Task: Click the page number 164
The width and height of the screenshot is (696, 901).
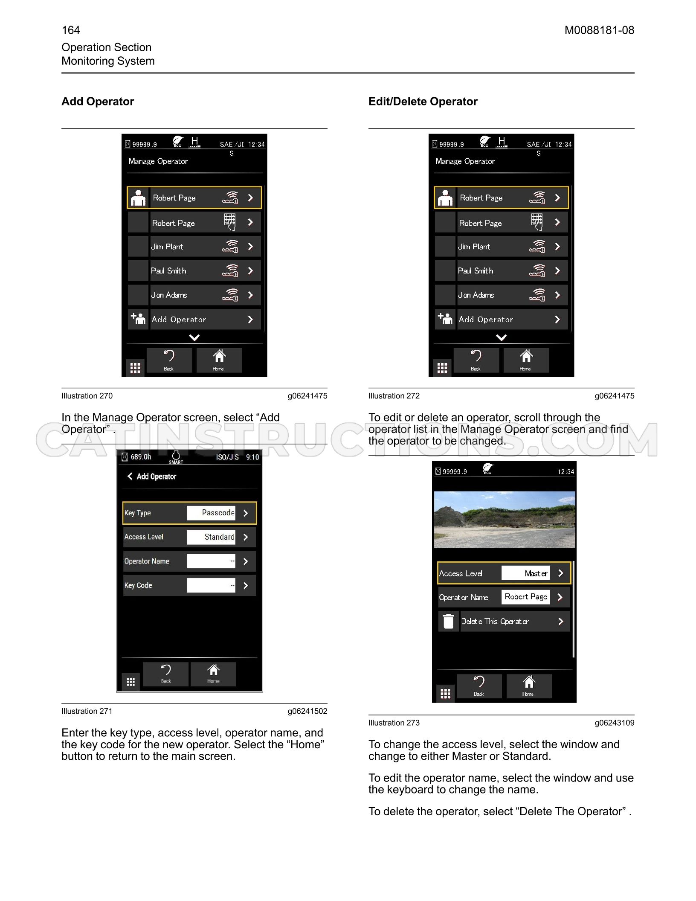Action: point(71,30)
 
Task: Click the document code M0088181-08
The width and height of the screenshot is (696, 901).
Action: point(599,30)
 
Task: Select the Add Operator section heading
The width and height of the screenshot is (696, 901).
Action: point(98,102)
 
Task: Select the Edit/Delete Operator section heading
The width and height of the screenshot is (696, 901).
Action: point(423,102)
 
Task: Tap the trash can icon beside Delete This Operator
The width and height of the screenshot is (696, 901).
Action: point(448,621)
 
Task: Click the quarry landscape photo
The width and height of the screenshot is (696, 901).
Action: point(505,520)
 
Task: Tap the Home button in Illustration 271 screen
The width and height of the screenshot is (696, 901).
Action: point(213,674)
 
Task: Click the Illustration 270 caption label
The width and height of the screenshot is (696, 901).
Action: point(87,396)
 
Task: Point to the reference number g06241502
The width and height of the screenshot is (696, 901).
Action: point(307,711)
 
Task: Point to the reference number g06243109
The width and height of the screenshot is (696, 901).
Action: point(615,723)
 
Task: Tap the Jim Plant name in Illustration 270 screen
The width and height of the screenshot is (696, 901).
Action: point(167,247)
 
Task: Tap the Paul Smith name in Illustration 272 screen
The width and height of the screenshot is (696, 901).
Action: point(476,271)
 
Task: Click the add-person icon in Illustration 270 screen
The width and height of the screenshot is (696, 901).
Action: point(138,318)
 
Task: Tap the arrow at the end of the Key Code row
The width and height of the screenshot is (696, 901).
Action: point(246,586)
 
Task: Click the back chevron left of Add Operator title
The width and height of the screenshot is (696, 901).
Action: point(130,476)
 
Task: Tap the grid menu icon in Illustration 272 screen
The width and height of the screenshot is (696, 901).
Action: point(442,368)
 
